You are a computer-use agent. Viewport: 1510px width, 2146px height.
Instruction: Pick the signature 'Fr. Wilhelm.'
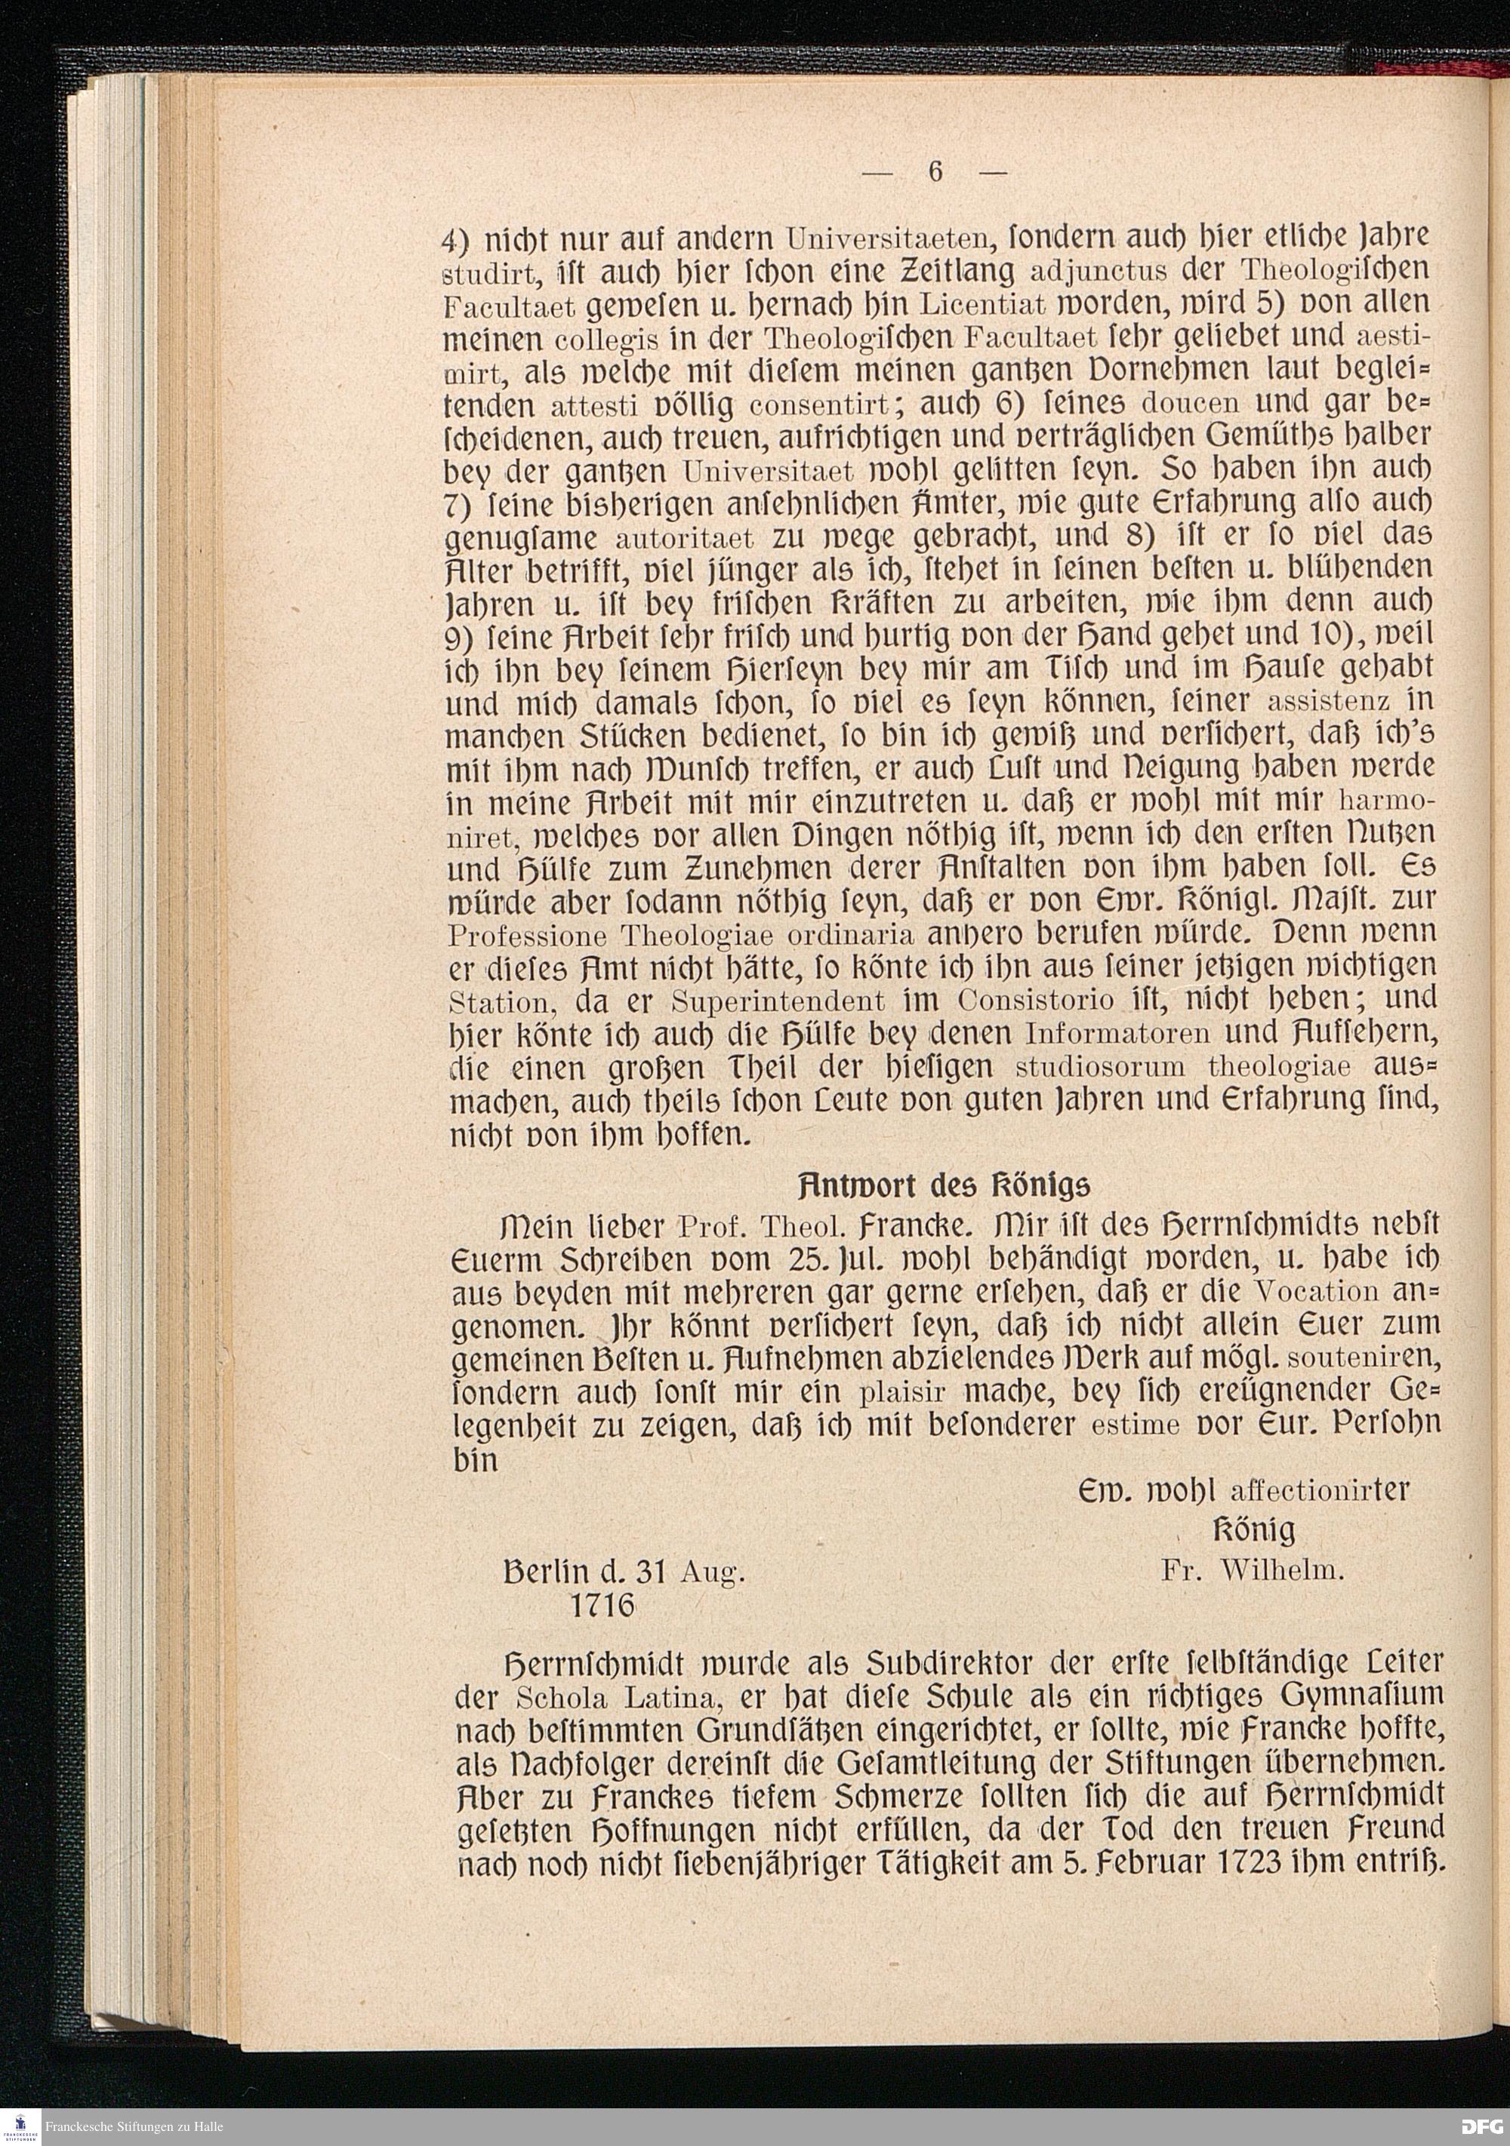click(1253, 1571)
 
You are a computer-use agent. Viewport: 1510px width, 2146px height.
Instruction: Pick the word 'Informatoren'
click(1118, 1034)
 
